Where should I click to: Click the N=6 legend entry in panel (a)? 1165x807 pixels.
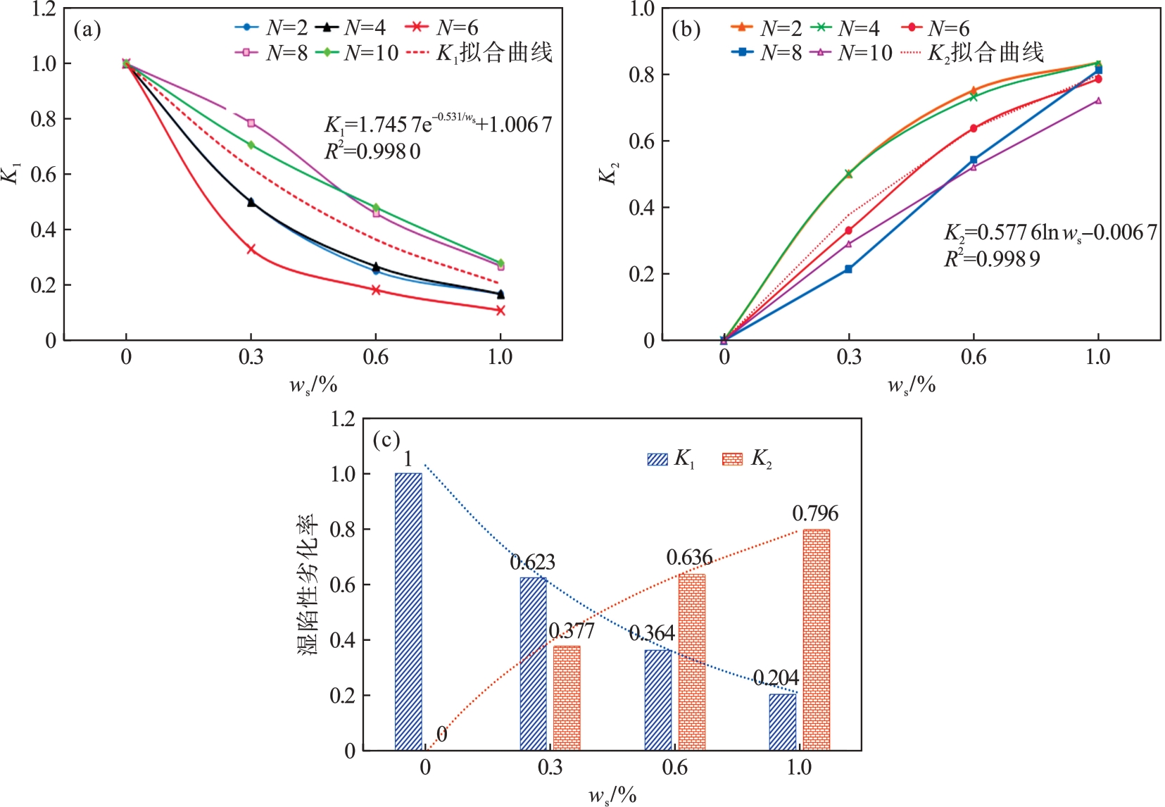pyautogui.click(x=441, y=28)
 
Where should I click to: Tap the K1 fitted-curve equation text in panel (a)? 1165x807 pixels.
pyautogui.click(x=437, y=124)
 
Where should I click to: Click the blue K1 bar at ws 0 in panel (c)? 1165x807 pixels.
pyautogui.click(x=408, y=611)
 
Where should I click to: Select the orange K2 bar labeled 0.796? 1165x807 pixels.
pyautogui.click(x=816, y=639)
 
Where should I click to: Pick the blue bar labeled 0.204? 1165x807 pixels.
pyautogui.click(x=782, y=722)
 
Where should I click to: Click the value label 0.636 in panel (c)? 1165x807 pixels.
pyautogui.click(x=689, y=558)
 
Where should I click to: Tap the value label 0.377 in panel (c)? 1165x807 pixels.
pyautogui.click(x=572, y=630)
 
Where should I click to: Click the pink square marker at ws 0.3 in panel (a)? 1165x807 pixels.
pyautogui.click(x=251, y=123)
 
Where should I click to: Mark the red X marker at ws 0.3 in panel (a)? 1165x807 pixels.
pyautogui.click(x=251, y=249)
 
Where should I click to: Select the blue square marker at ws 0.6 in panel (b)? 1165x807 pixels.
pyautogui.click(x=974, y=161)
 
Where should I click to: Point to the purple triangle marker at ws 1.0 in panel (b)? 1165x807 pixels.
pyautogui.click(x=1098, y=101)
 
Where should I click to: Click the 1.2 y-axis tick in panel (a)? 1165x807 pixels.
pyautogui.click(x=44, y=9)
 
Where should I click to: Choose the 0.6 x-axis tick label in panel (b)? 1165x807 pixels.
pyautogui.click(x=974, y=357)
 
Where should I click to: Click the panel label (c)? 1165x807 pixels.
pyautogui.click(x=386, y=440)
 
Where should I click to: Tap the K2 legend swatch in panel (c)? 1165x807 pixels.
pyautogui.click(x=732, y=459)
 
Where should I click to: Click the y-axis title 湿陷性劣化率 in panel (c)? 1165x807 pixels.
pyautogui.click(x=308, y=584)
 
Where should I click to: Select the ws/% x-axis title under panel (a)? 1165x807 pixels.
pyautogui.click(x=313, y=385)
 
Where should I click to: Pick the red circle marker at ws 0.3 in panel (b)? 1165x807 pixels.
pyautogui.click(x=848, y=230)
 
